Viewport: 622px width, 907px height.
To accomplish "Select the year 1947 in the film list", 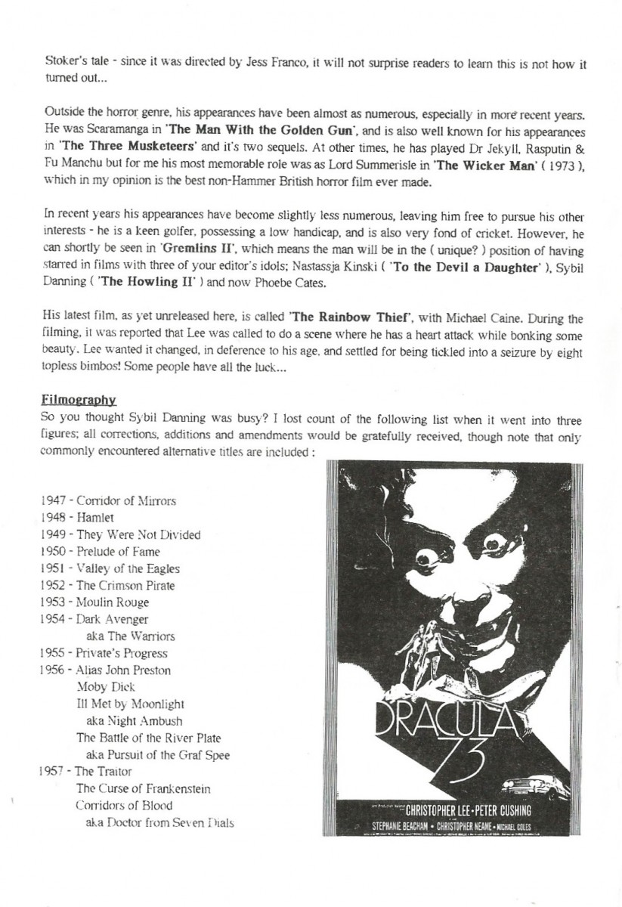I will pos(51,501).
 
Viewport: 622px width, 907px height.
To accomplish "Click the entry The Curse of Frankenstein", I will pos(143,788).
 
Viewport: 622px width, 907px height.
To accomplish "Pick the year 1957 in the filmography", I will pos(50,772).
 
